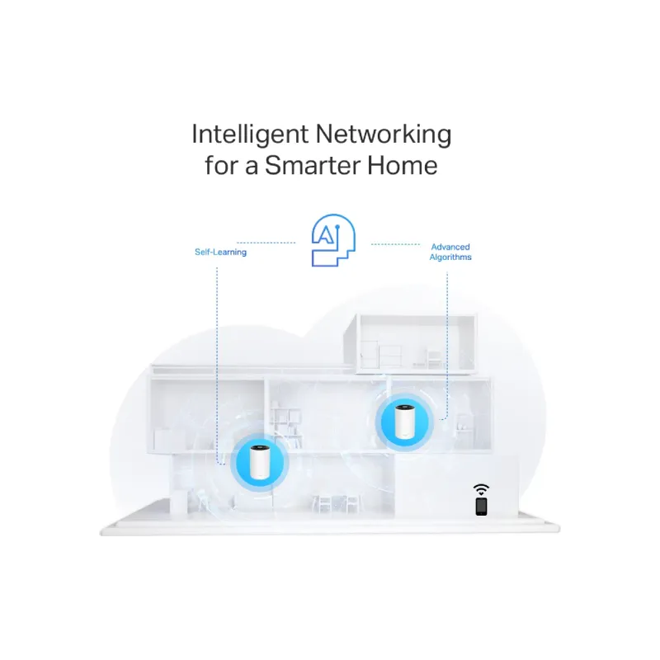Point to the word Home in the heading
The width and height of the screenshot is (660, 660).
point(404,165)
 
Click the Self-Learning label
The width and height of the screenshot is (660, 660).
point(220,252)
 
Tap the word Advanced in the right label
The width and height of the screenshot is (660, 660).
point(450,247)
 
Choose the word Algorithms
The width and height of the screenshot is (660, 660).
point(450,257)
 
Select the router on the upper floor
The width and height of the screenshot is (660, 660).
point(404,422)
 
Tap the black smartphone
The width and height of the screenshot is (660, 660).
point(481,505)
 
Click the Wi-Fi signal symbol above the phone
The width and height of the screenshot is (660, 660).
point(481,489)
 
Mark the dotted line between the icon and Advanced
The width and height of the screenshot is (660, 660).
point(396,243)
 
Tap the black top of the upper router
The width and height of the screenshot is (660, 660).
point(404,408)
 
